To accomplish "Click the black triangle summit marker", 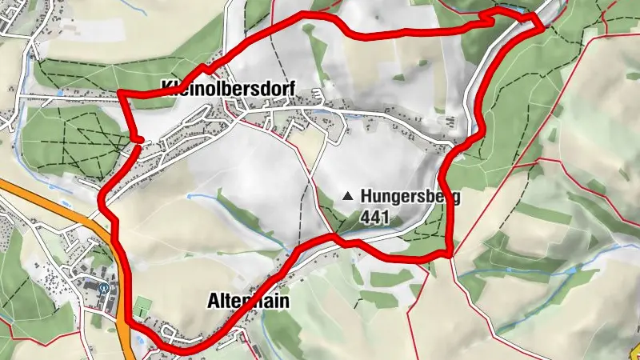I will (x=347, y=195).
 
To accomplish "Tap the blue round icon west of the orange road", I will (x=103, y=287).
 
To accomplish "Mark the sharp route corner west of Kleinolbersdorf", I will (x=119, y=93).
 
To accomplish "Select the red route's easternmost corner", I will (x=543, y=28).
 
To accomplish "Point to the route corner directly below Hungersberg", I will (x=450, y=254).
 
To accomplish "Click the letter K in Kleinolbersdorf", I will (x=166, y=86).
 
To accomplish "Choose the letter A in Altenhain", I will (x=212, y=301).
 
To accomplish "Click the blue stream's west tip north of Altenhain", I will (x=190, y=195).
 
